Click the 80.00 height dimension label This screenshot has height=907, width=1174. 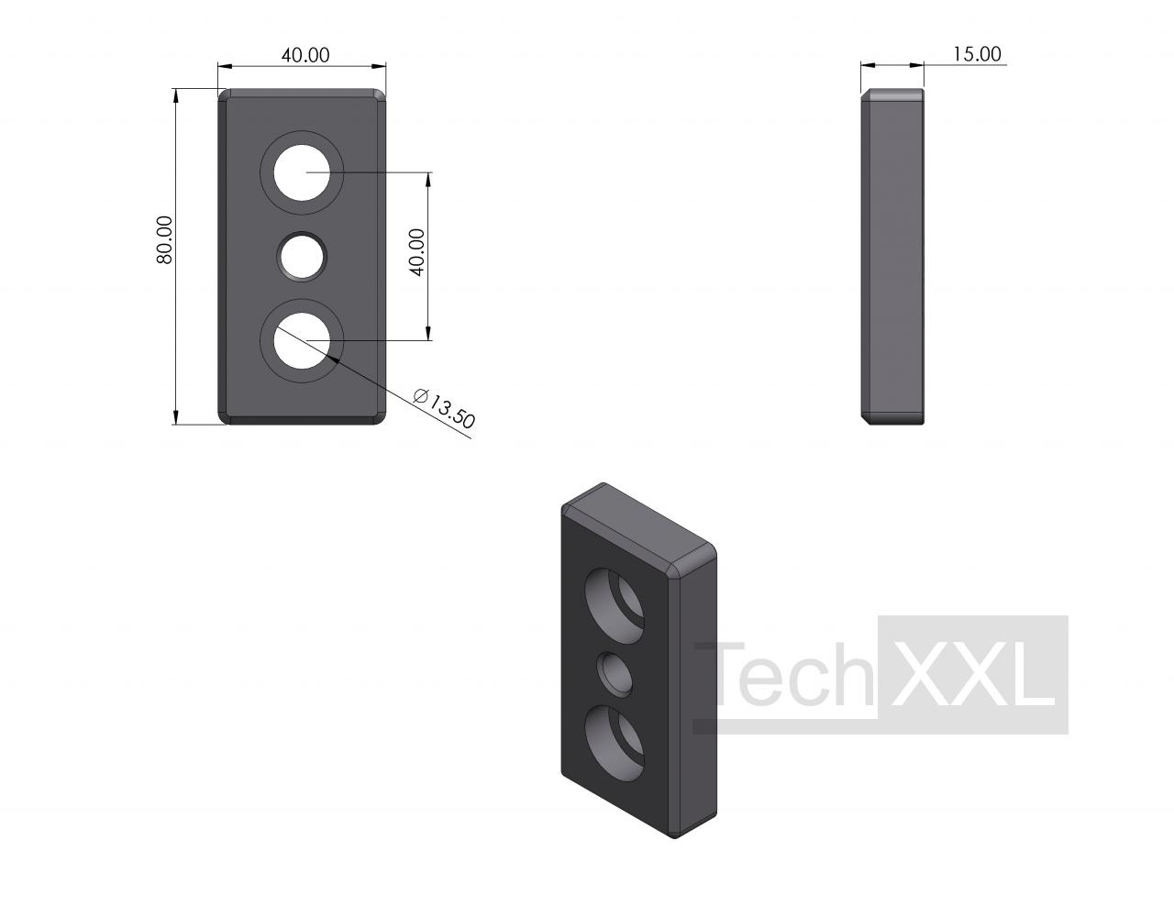click(164, 239)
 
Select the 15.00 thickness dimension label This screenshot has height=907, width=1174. click(976, 54)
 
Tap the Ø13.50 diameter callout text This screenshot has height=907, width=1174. click(443, 408)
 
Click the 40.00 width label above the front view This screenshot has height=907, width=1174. click(305, 55)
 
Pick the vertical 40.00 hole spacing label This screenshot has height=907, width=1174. click(417, 251)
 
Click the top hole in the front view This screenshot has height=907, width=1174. click(302, 172)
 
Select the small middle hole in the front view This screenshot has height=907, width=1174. click(302, 257)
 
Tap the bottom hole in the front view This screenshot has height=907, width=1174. click(302, 340)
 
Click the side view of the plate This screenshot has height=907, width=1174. click(892, 257)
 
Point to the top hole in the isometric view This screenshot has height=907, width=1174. click(615, 605)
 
